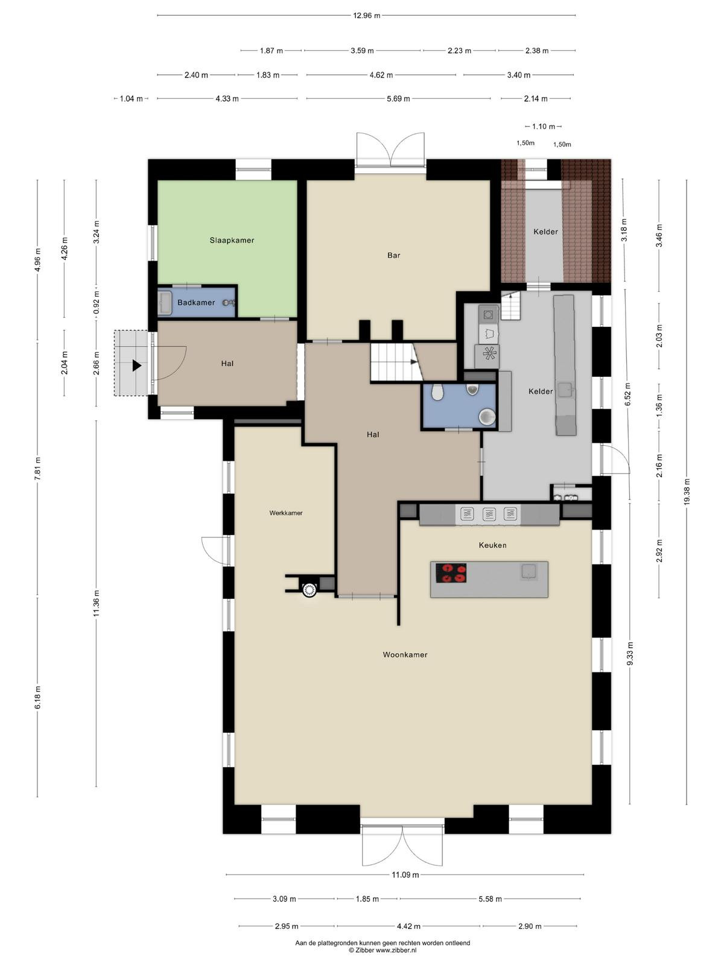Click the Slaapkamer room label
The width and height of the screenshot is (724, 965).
click(232, 240)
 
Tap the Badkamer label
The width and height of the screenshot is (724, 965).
click(196, 303)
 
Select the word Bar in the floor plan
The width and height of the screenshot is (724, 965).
click(393, 255)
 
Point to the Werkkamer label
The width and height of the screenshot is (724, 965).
click(286, 513)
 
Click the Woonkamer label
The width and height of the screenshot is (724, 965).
click(405, 654)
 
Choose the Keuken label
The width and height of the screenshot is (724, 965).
click(492, 545)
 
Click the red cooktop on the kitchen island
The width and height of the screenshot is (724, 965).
click(451, 573)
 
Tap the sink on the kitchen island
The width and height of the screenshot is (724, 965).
click(528, 571)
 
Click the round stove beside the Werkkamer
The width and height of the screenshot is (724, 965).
click(310, 590)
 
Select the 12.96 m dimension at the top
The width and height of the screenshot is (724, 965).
click(367, 16)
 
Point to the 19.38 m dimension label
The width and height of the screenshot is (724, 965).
click(687, 492)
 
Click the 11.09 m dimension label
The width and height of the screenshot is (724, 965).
click(405, 875)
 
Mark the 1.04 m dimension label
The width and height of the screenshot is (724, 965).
click(131, 99)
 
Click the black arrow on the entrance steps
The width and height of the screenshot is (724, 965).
click(137, 365)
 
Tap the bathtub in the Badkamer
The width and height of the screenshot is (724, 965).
click(165, 303)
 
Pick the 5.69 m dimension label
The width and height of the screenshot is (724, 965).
click(398, 99)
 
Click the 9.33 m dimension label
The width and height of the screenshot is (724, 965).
click(630, 653)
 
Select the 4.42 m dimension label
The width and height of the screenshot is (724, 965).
click(408, 926)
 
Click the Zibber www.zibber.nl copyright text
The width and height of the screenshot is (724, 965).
click(383, 950)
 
